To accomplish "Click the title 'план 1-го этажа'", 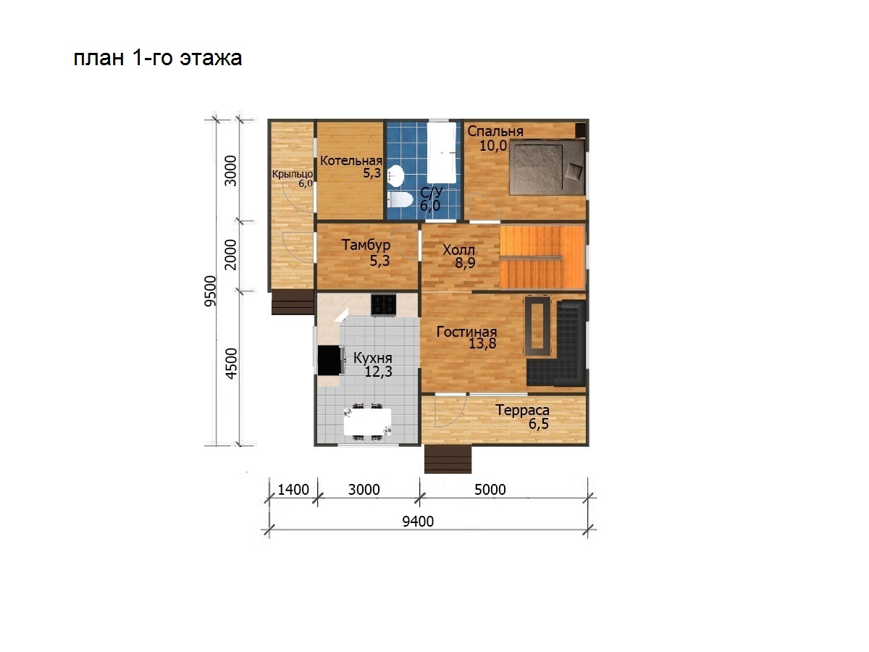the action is tap(158, 58).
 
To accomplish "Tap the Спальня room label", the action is tap(495, 131).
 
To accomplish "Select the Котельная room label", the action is tap(350, 161).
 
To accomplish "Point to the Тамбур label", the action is tap(366, 245).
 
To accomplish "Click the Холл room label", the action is tap(458, 250).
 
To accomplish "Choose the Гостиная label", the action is tap(466, 332).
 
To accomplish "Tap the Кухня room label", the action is tap(372, 359).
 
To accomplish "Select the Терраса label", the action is tap(522, 411).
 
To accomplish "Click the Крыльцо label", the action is tap(292, 174).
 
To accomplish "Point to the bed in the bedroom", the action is tap(547, 167).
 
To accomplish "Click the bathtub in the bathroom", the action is tap(442, 152).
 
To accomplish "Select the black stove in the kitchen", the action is tap(383, 304).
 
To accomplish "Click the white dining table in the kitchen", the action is tap(367, 422).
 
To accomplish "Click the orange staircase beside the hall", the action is tap(542, 257).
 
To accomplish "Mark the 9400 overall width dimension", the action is tap(418, 522).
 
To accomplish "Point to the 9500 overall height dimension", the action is tap(210, 291).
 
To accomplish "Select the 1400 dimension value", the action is tap(293, 490).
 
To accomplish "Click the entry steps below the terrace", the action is tap(448, 459).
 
